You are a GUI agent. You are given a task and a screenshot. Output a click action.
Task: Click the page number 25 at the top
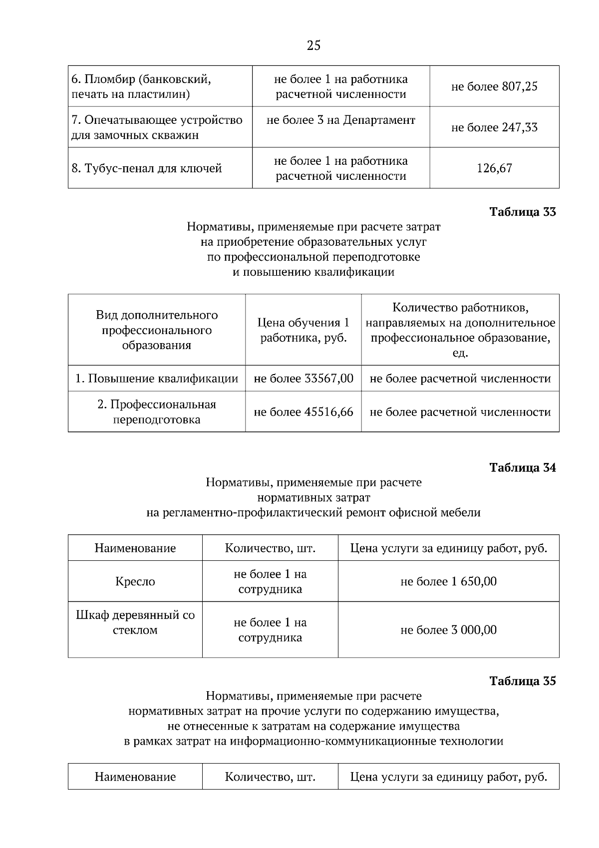313,46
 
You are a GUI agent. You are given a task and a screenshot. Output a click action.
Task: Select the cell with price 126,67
494,168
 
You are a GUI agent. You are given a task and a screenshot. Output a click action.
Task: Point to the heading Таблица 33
522,212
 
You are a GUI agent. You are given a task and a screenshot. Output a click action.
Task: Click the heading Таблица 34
522,467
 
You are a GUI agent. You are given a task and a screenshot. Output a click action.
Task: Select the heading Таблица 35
522,681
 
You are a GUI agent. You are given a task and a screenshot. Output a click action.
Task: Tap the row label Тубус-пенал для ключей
147,168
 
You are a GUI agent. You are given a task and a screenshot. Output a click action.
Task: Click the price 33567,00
328,379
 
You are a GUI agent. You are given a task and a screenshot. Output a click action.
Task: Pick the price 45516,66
328,412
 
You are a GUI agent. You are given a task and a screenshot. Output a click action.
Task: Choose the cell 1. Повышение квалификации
157,379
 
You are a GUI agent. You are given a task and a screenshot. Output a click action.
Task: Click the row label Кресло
135,581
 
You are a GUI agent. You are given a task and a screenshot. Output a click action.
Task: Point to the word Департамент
379,120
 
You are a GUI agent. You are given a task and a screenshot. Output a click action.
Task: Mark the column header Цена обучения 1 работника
303,330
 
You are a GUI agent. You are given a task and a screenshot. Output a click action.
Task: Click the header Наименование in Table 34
135,548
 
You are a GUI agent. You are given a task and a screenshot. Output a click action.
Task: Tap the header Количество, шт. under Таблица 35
270,777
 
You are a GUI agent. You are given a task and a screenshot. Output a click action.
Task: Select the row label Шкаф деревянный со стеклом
135,622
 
